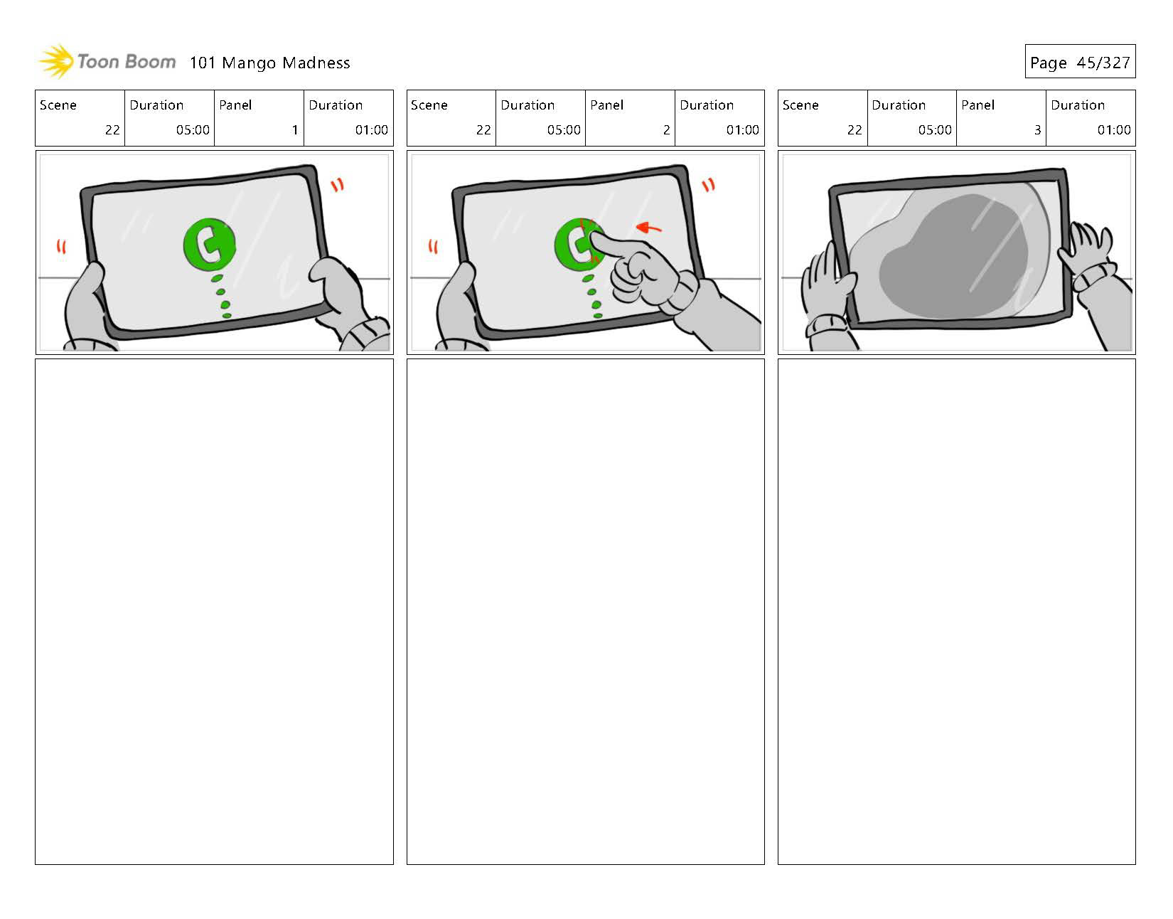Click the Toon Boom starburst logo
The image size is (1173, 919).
(x=56, y=61)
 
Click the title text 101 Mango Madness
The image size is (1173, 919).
(x=269, y=63)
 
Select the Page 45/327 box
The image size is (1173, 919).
(x=1080, y=61)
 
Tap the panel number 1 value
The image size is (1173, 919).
(x=295, y=129)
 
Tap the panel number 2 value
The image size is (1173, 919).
(x=666, y=129)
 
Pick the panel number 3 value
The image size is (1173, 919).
(x=1037, y=129)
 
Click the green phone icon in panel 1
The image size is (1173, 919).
(x=210, y=244)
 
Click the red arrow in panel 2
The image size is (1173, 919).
(x=649, y=228)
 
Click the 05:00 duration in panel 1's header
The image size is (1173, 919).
(x=193, y=129)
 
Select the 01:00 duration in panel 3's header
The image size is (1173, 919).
(x=1113, y=129)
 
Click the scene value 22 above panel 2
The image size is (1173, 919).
(x=483, y=129)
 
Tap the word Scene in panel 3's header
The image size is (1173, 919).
(x=800, y=105)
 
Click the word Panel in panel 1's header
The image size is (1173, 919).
(x=235, y=105)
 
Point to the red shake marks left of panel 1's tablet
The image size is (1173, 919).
(x=61, y=247)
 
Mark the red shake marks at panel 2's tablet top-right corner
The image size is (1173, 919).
(x=708, y=185)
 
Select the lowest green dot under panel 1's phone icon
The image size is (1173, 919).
(x=227, y=315)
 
